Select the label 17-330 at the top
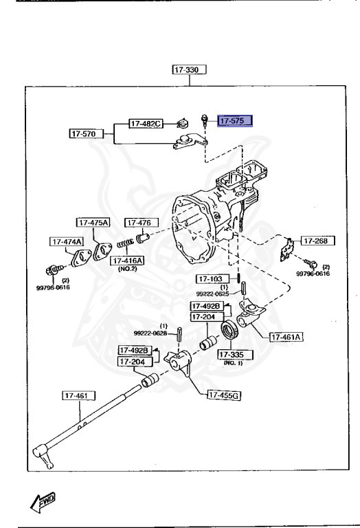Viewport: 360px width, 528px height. [x=190, y=69]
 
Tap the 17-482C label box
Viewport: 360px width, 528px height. [x=146, y=124]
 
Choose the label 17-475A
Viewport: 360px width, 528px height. [x=93, y=223]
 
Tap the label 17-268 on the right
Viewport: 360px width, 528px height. [x=317, y=241]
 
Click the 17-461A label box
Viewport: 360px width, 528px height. [x=286, y=337]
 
